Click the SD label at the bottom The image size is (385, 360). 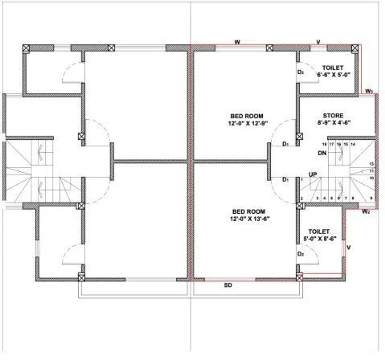click(227, 285)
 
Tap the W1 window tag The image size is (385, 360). click(368, 92)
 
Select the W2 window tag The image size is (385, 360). click(365, 211)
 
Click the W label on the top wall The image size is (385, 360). click(237, 40)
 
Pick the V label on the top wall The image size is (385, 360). click(318, 40)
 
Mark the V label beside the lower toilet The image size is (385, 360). click(348, 247)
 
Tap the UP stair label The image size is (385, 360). click(313, 174)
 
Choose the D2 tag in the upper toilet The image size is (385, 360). click(300, 72)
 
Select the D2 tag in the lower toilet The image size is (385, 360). click(300, 254)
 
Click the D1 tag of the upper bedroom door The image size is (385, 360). click(285, 145)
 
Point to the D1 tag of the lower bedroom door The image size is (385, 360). click(285, 179)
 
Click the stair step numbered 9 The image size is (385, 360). click(371, 197)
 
